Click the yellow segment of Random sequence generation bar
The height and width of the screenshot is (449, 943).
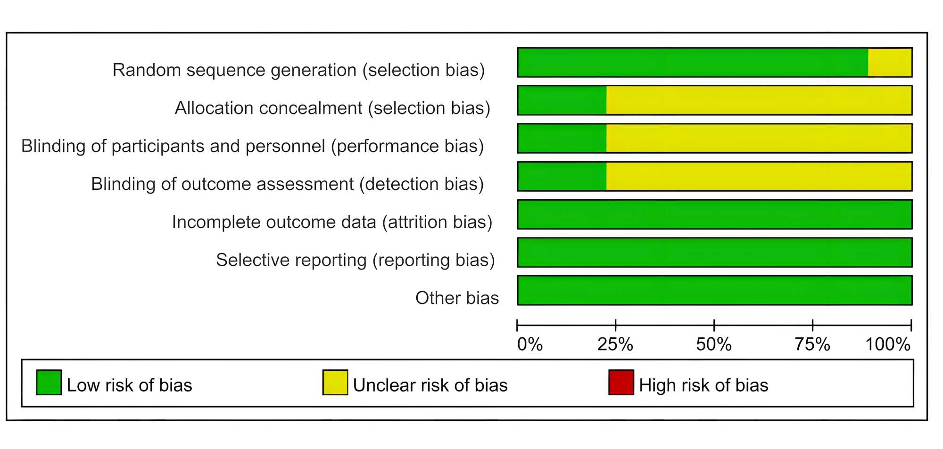(890, 62)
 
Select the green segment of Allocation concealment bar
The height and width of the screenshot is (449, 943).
(562, 100)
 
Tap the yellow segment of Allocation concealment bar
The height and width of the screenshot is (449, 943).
(759, 100)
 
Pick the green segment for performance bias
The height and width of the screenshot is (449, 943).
(562, 139)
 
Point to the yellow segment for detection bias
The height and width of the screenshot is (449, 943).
(759, 176)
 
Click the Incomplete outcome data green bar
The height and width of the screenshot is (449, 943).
(715, 214)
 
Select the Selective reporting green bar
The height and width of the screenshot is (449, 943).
(715, 253)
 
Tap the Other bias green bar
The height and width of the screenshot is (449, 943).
(715, 290)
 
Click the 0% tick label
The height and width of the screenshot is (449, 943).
(530, 344)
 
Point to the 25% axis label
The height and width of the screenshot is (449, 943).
(615, 344)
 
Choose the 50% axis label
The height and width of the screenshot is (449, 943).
(714, 344)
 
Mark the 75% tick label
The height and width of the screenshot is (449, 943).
(812, 344)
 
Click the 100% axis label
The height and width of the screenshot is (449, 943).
(888, 344)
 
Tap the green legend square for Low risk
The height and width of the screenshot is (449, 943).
(49, 382)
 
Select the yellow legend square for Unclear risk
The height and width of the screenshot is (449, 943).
(335, 382)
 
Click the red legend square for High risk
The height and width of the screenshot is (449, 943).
(621, 382)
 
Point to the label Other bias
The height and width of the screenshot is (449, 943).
(457, 298)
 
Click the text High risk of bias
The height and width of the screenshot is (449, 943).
(703, 385)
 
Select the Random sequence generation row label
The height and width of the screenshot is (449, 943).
(298, 70)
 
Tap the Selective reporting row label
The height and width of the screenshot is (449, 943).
(356, 260)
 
